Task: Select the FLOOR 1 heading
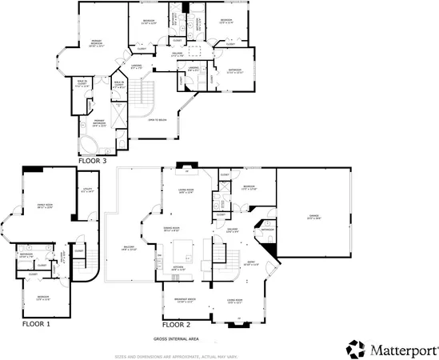click(30, 325)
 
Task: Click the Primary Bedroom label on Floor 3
click(97, 46)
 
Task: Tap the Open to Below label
click(156, 119)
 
